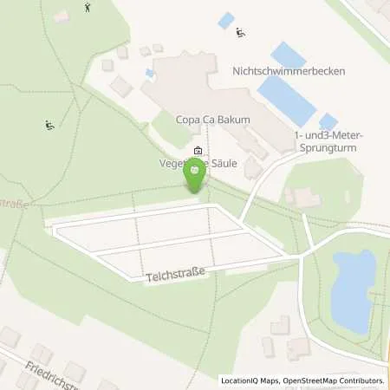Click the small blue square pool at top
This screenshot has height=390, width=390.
[x=226, y=20]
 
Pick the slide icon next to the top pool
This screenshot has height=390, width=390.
[x=240, y=34]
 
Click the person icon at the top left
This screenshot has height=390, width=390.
[x=87, y=8]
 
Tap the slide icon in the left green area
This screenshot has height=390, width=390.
[x=50, y=125]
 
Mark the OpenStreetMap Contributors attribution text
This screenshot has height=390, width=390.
[x=335, y=380]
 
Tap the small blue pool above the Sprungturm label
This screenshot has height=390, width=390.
[x=328, y=121]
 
